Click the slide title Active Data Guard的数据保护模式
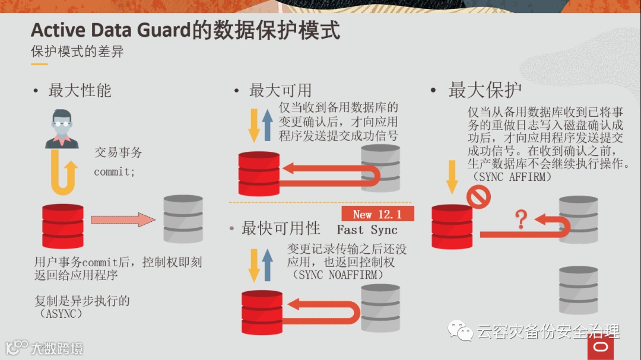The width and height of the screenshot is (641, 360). [x=185, y=30]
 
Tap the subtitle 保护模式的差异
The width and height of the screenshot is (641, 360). [x=77, y=52]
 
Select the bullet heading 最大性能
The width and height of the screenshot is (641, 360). [x=80, y=91]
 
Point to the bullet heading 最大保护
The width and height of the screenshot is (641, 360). [x=485, y=90]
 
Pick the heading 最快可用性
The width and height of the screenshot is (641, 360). [x=281, y=228]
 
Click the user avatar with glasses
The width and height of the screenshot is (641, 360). [x=62, y=129]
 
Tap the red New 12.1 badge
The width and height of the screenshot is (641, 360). [x=377, y=214]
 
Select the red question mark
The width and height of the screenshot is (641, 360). [x=521, y=219]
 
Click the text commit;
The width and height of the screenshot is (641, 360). [x=115, y=173]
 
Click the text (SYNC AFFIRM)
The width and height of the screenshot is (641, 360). [x=512, y=177]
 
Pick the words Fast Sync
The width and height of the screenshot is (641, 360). [x=367, y=230]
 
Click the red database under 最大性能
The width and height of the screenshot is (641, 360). [x=63, y=226]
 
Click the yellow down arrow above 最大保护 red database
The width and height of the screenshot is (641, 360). [x=452, y=176]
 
